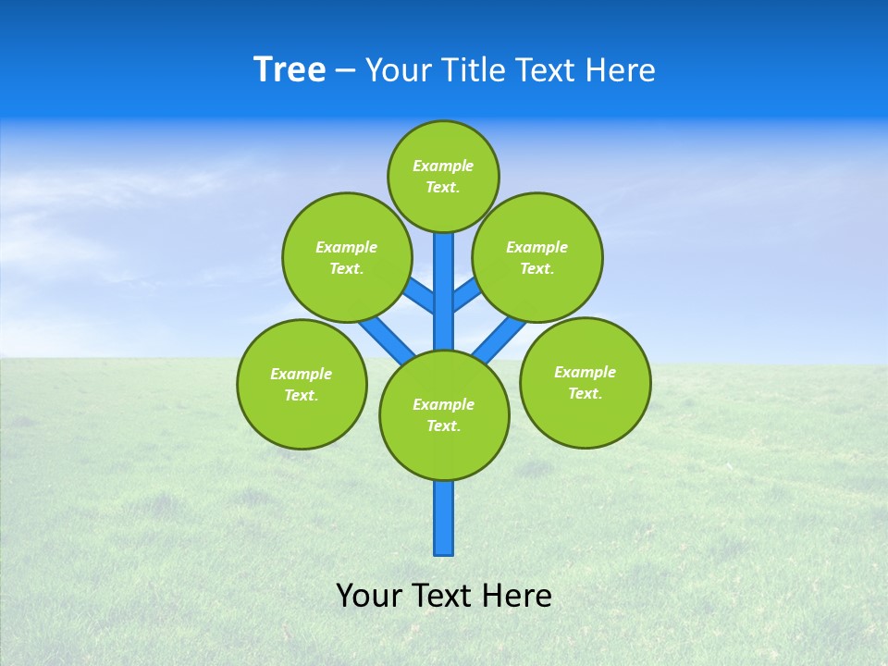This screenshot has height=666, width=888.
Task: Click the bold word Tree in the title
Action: [290, 70]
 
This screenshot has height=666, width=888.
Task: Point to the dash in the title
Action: [346, 71]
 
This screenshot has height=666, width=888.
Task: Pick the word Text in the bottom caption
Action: [444, 596]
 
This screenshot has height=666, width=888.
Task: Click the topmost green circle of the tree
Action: [443, 176]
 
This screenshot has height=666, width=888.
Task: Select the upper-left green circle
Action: [346, 257]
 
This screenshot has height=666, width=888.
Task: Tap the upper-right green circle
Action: [537, 257]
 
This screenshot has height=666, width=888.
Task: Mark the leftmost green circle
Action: [302, 384]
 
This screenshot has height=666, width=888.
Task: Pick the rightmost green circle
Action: [585, 382]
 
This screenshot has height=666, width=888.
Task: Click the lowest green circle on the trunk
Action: [444, 414]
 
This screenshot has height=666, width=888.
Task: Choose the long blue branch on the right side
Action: [501, 339]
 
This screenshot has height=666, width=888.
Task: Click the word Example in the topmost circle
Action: [443, 166]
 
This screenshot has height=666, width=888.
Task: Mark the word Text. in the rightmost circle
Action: [585, 393]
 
